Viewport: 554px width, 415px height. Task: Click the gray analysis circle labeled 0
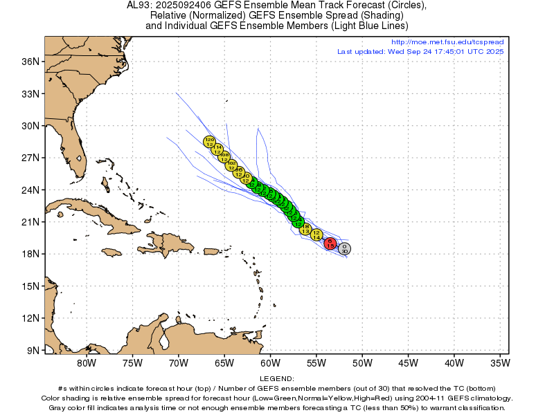[344, 248]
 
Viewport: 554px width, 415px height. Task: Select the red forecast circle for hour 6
[331, 243]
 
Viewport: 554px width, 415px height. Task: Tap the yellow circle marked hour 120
[209, 142]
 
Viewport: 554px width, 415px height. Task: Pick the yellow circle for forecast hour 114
[217, 149]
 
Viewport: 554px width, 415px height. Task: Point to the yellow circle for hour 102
[232, 165]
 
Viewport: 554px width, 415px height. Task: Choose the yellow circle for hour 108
[224, 157]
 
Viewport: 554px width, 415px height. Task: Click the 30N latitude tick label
[30, 126]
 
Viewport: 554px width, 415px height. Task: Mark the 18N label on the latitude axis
[30, 254]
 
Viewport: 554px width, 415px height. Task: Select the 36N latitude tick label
[30, 62]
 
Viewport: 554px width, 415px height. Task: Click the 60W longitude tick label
[270, 362]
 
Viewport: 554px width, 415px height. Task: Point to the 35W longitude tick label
[499, 362]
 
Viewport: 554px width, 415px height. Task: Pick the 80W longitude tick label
[86, 362]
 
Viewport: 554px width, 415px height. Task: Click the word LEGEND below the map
[276, 379]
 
